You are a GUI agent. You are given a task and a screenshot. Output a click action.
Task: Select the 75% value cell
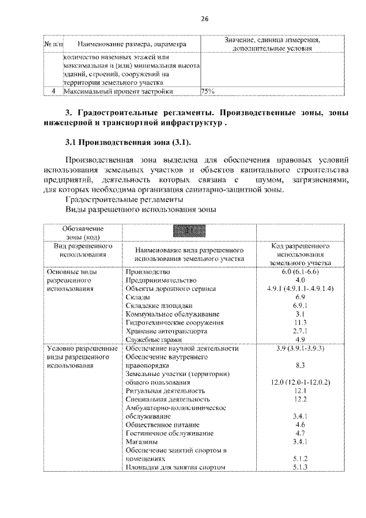coord(208,90)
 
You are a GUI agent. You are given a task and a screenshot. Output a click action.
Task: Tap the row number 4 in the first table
coord(53,90)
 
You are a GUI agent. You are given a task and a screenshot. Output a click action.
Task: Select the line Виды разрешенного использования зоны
coord(141,209)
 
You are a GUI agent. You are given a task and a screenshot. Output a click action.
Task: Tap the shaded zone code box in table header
coord(189,231)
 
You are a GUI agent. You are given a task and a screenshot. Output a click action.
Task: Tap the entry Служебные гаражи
coord(152,340)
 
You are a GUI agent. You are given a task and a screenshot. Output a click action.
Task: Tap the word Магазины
coord(141,442)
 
